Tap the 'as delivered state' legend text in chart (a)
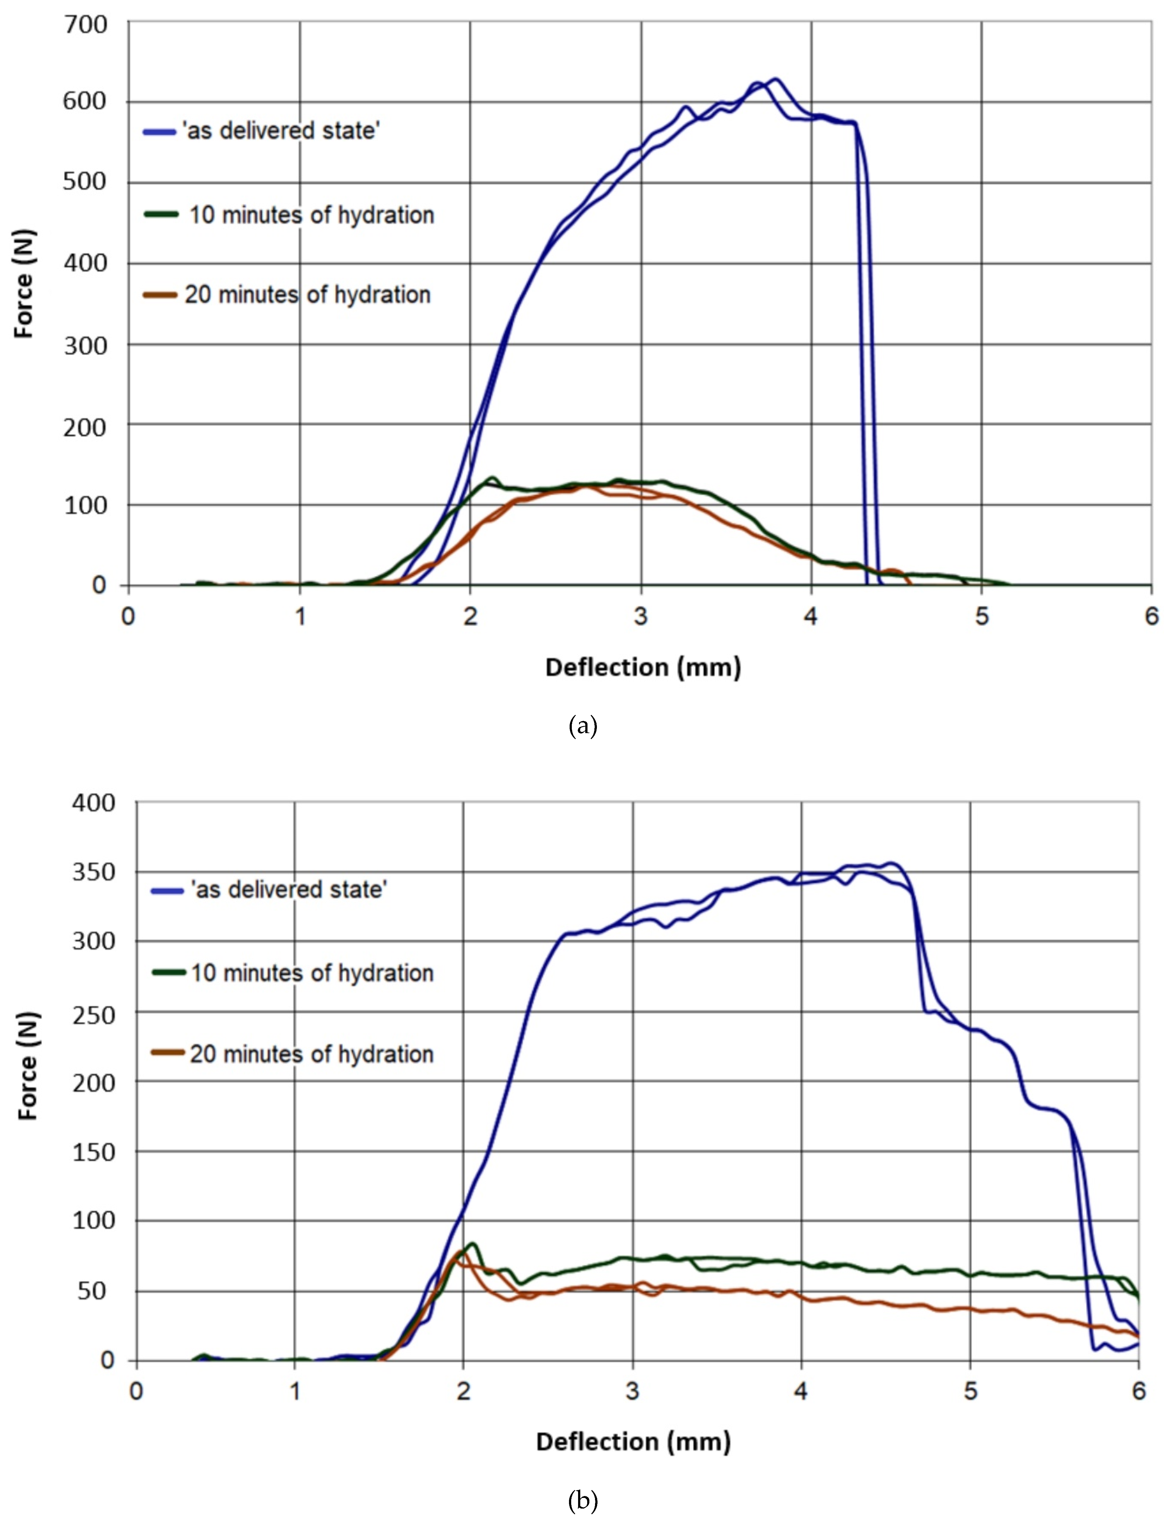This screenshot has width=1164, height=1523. [x=281, y=130]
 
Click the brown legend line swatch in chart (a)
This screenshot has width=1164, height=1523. [x=160, y=295]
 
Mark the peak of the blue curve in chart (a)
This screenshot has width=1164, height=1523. [x=775, y=79]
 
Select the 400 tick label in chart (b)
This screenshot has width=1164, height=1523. [x=93, y=802]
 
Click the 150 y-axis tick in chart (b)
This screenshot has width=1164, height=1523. [x=93, y=1152]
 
